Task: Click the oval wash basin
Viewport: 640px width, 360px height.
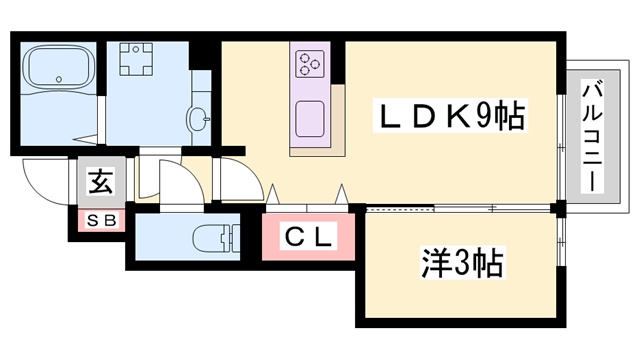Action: pyautogui.click(x=196, y=117)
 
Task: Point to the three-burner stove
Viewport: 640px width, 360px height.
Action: pyautogui.click(x=309, y=64)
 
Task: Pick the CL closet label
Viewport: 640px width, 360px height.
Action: pyautogui.click(x=308, y=239)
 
